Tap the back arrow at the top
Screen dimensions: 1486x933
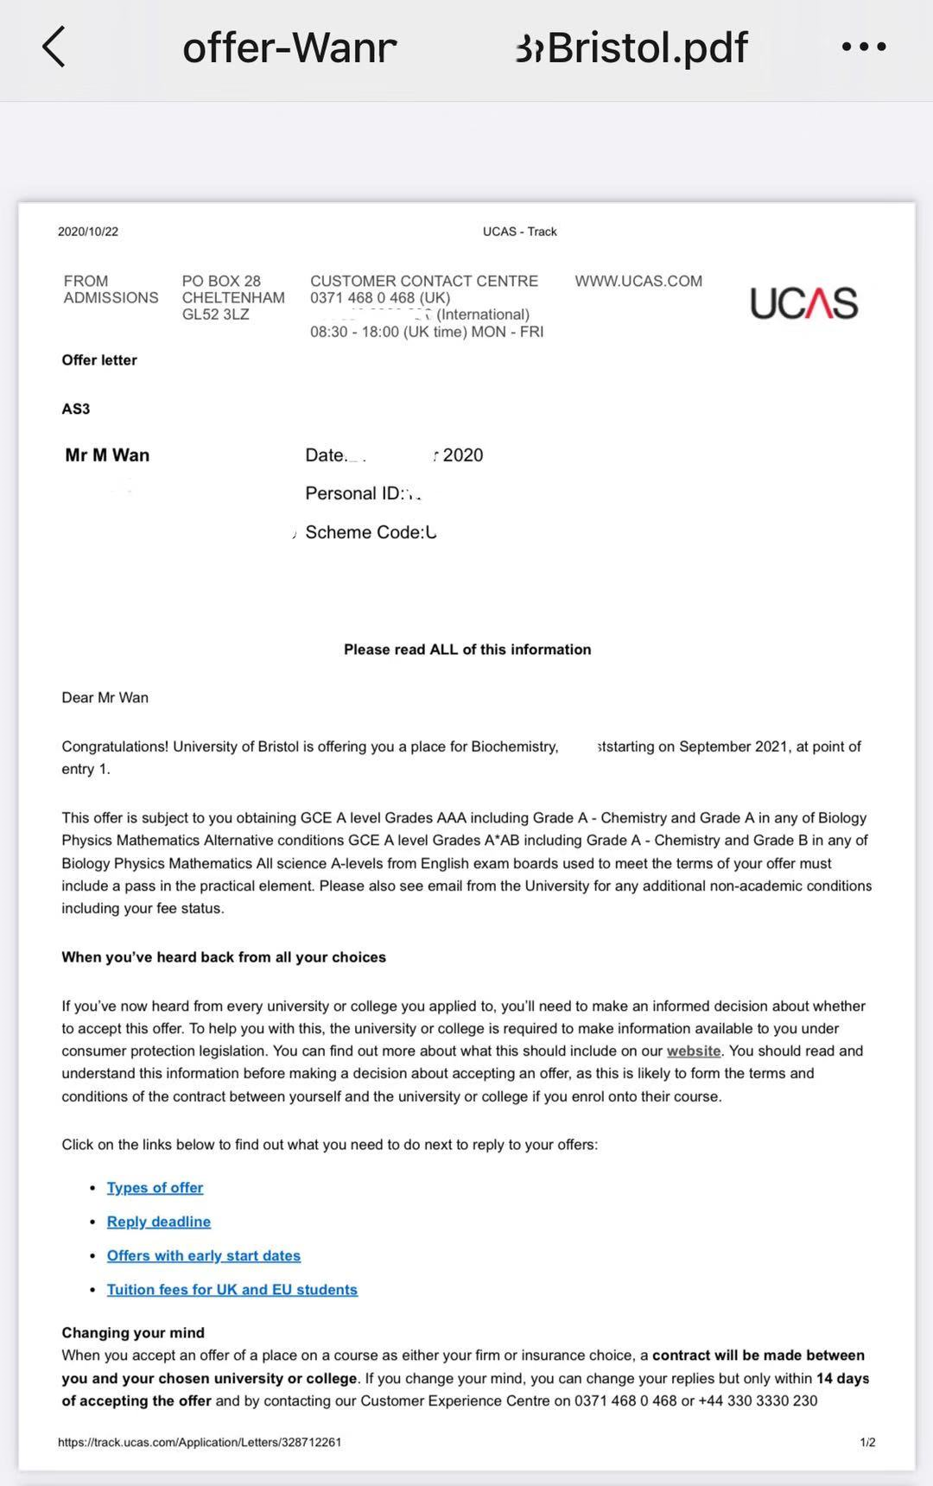[54, 47]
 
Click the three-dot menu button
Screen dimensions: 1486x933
[864, 47]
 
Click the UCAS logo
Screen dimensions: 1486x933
[803, 303]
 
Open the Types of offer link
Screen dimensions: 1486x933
[155, 1188]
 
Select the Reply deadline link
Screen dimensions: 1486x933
[159, 1222]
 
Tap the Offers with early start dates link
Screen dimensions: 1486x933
[204, 1255]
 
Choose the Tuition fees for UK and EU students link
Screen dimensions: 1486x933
[232, 1289]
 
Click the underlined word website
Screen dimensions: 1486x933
[694, 1051]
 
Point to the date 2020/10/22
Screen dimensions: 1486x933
[88, 232]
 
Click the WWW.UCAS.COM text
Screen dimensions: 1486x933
[638, 281]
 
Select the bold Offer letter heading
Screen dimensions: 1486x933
[99, 360]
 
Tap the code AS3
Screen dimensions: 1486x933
[76, 409]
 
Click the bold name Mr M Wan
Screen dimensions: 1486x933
[107, 455]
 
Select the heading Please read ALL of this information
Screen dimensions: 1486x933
[467, 650]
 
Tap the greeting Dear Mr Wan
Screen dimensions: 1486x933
[105, 697]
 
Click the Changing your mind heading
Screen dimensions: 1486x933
[133, 1332]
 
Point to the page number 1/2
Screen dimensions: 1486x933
[867, 1442]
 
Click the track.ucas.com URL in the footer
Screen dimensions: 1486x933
[200, 1442]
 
